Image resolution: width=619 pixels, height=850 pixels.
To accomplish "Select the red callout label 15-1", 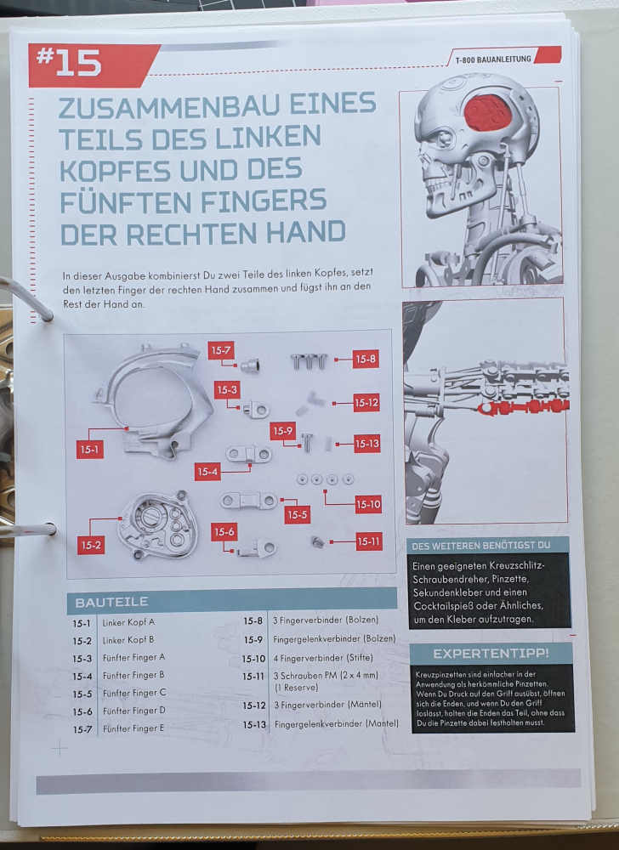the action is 89,450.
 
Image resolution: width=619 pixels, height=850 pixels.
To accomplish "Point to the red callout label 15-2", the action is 90,545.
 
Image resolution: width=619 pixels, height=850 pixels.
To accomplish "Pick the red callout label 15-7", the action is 221,351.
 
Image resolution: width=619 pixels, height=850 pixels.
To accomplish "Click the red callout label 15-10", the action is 368,505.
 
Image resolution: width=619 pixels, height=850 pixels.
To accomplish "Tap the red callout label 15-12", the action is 366,403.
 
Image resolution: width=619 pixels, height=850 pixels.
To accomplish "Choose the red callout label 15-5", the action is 297,514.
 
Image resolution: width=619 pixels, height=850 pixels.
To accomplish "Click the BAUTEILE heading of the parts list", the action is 111,603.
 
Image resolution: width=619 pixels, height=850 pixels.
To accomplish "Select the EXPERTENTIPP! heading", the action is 491,654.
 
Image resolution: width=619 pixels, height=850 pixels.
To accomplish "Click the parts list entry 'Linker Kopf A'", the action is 128,622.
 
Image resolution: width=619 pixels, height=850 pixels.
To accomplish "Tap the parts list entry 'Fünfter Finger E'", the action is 133,728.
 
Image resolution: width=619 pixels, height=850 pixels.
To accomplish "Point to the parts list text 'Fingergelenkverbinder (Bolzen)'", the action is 334,639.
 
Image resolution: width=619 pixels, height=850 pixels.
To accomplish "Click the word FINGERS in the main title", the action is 264,201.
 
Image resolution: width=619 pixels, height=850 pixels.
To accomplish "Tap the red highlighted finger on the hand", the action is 523,406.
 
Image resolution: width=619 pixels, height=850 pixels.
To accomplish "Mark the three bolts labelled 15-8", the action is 309,361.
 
